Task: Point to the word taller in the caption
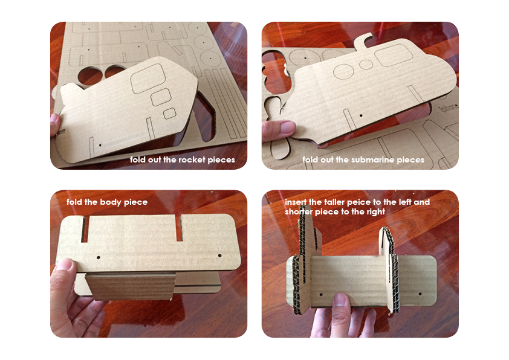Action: pyautogui.click(x=335, y=202)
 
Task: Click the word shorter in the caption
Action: pyautogui.click(x=299, y=211)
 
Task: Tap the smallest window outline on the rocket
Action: pyautogui.click(x=169, y=114)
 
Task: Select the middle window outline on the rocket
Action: pyautogui.click(x=161, y=97)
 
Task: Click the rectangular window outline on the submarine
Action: pyautogui.click(x=394, y=55)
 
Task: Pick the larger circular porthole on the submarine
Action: pyautogui.click(x=343, y=72)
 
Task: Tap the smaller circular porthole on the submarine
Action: pyautogui.click(x=366, y=64)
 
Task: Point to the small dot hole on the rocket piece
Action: pyautogui.click(x=100, y=145)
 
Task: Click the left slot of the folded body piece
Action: pyautogui.click(x=85, y=230)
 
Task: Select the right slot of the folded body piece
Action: pyautogui.click(x=179, y=228)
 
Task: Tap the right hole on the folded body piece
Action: pyautogui.click(x=220, y=256)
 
